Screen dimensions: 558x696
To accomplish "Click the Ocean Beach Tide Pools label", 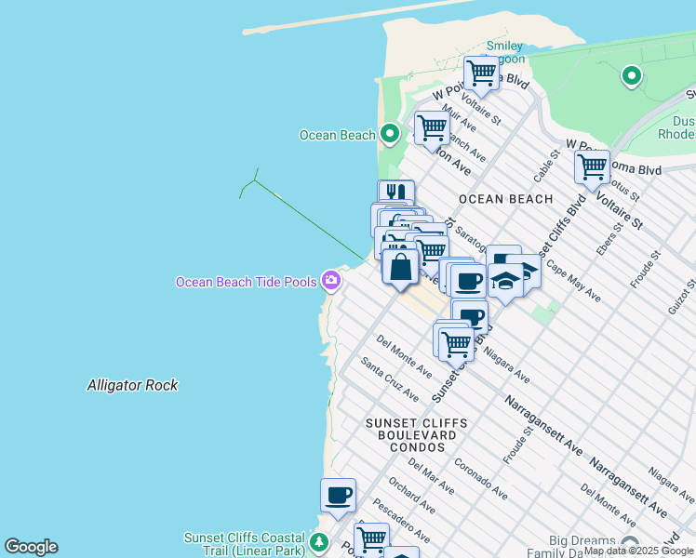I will pos(247,281).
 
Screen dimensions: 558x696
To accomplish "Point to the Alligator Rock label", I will pos(132,385).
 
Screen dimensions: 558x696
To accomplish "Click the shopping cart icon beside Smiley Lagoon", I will pos(481,72).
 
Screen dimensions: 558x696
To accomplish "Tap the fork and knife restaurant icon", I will pos(396,193).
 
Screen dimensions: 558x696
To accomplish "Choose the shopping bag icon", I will pos(400,267).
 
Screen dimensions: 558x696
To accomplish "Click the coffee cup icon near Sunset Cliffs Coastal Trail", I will pos(338,495).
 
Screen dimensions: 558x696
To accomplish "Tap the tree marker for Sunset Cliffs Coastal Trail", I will pos(319,542).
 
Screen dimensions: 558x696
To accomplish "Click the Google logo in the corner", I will pos(31,547).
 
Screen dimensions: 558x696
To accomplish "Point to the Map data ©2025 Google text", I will pos(638,551).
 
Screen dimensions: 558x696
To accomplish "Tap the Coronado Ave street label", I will pos(480,477).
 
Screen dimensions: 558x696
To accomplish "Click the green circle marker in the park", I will pos(632,76).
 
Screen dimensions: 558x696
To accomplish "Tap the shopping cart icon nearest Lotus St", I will pos(591,168).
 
